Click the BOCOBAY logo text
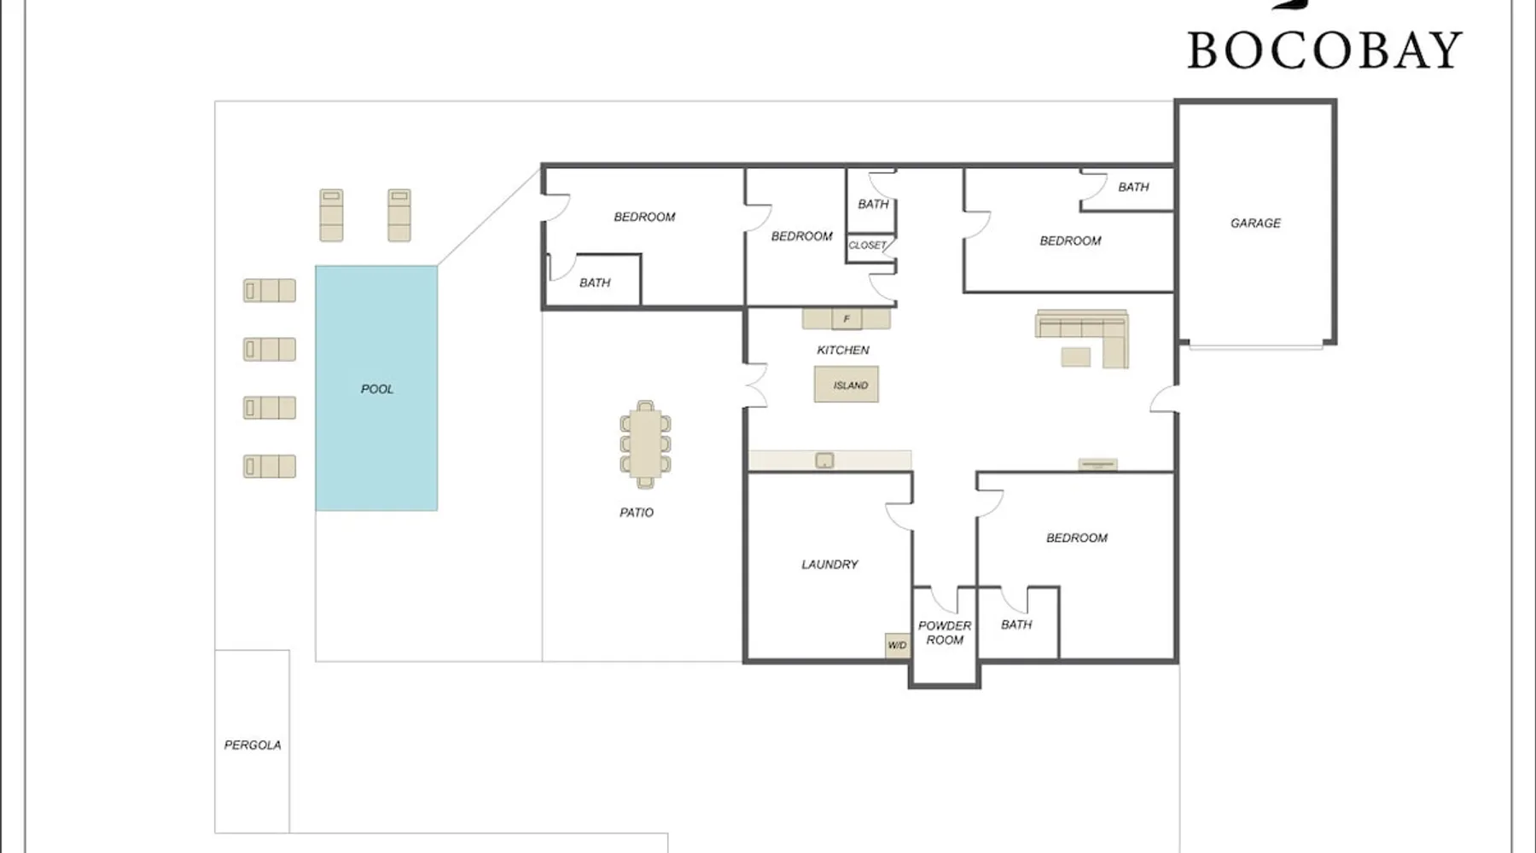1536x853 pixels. coord(1324,50)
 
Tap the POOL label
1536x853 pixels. coord(377,389)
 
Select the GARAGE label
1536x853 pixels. coord(1255,223)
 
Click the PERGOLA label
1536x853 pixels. coord(253,745)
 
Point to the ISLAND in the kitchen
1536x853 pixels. coord(847,385)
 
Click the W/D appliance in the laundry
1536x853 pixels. coord(897,645)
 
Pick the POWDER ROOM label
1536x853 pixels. coord(945,632)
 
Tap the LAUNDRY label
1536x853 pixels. coord(829,564)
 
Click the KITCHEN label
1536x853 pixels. coord(843,350)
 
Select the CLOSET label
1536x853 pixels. coord(867,245)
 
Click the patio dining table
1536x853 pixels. coord(645,444)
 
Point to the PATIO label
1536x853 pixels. coord(637,513)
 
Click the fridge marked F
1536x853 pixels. coord(847,319)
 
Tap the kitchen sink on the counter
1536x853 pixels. coord(824,461)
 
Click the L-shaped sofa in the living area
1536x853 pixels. coord(1083,338)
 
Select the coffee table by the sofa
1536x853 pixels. coord(1076,356)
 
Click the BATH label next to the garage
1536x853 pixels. coord(1133,187)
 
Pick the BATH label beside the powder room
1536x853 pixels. coord(1016,624)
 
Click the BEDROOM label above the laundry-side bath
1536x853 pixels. coord(1077,537)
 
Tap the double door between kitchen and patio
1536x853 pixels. coord(757,386)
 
